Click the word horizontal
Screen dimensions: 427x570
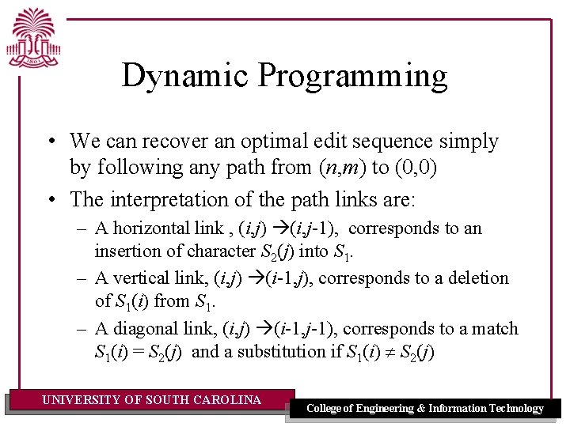(154, 229)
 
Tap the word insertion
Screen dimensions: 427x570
(126, 251)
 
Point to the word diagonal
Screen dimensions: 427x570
(147, 328)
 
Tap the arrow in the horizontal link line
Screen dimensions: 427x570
(282, 229)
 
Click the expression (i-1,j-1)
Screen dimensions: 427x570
(305, 328)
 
